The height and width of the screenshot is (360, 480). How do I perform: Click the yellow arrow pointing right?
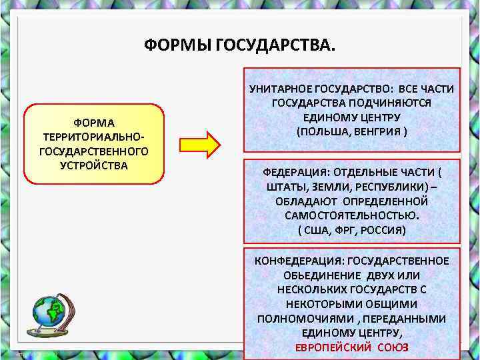click(x=199, y=143)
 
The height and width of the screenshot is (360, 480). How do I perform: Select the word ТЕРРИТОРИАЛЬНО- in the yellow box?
click(x=94, y=137)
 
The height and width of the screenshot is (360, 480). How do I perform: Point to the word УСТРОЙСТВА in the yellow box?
click(x=94, y=165)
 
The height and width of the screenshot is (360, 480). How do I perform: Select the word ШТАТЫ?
click(x=285, y=187)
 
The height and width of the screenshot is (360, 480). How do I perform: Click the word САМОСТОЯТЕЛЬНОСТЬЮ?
click(x=351, y=216)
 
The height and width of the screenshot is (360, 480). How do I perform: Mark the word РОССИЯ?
click(x=383, y=230)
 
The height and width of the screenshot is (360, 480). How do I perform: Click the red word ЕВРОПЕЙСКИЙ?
click(x=331, y=348)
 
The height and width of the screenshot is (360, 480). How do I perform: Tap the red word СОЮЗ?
click(x=393, y=348)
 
